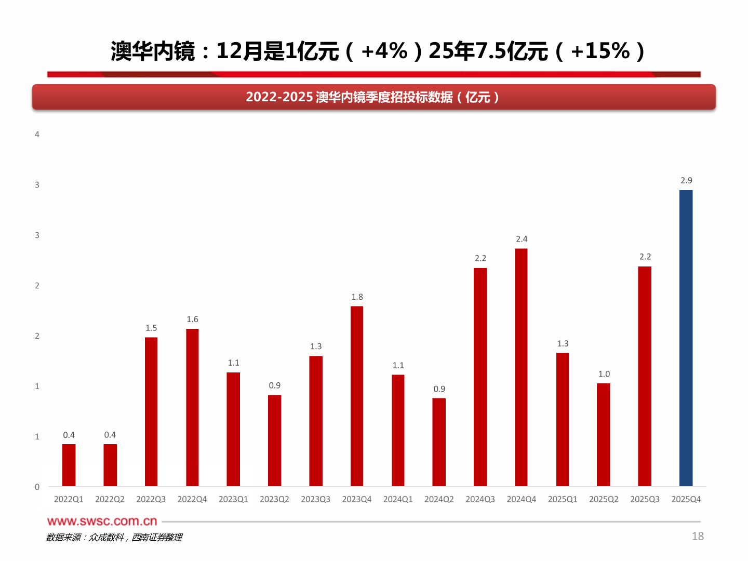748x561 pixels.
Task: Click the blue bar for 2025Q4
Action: [686, 338]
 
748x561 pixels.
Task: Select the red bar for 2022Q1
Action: [69, 465]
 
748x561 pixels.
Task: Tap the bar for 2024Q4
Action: [521, 367]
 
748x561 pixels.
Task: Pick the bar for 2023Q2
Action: [274, 440]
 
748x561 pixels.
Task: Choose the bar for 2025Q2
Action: [603, 435]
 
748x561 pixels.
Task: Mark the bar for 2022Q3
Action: [151, 411]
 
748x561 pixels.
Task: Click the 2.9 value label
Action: [686, 180]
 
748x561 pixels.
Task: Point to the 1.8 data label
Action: [357, 297]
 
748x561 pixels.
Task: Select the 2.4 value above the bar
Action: [522, 239]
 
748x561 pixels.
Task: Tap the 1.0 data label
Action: [604, 374]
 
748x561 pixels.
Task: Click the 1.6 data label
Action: [192, 319]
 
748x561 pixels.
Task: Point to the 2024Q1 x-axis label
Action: [398, 499]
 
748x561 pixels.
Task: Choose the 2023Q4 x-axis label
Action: [357, 499]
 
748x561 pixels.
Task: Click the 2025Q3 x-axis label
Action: [645, 499]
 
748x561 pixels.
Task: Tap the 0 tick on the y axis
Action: [37, 487]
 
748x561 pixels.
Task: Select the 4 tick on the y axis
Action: [37, 135]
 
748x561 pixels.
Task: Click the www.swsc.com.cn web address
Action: [102, 521]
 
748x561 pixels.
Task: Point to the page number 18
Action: [698, 536]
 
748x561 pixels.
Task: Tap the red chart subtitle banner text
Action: [373, 97]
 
